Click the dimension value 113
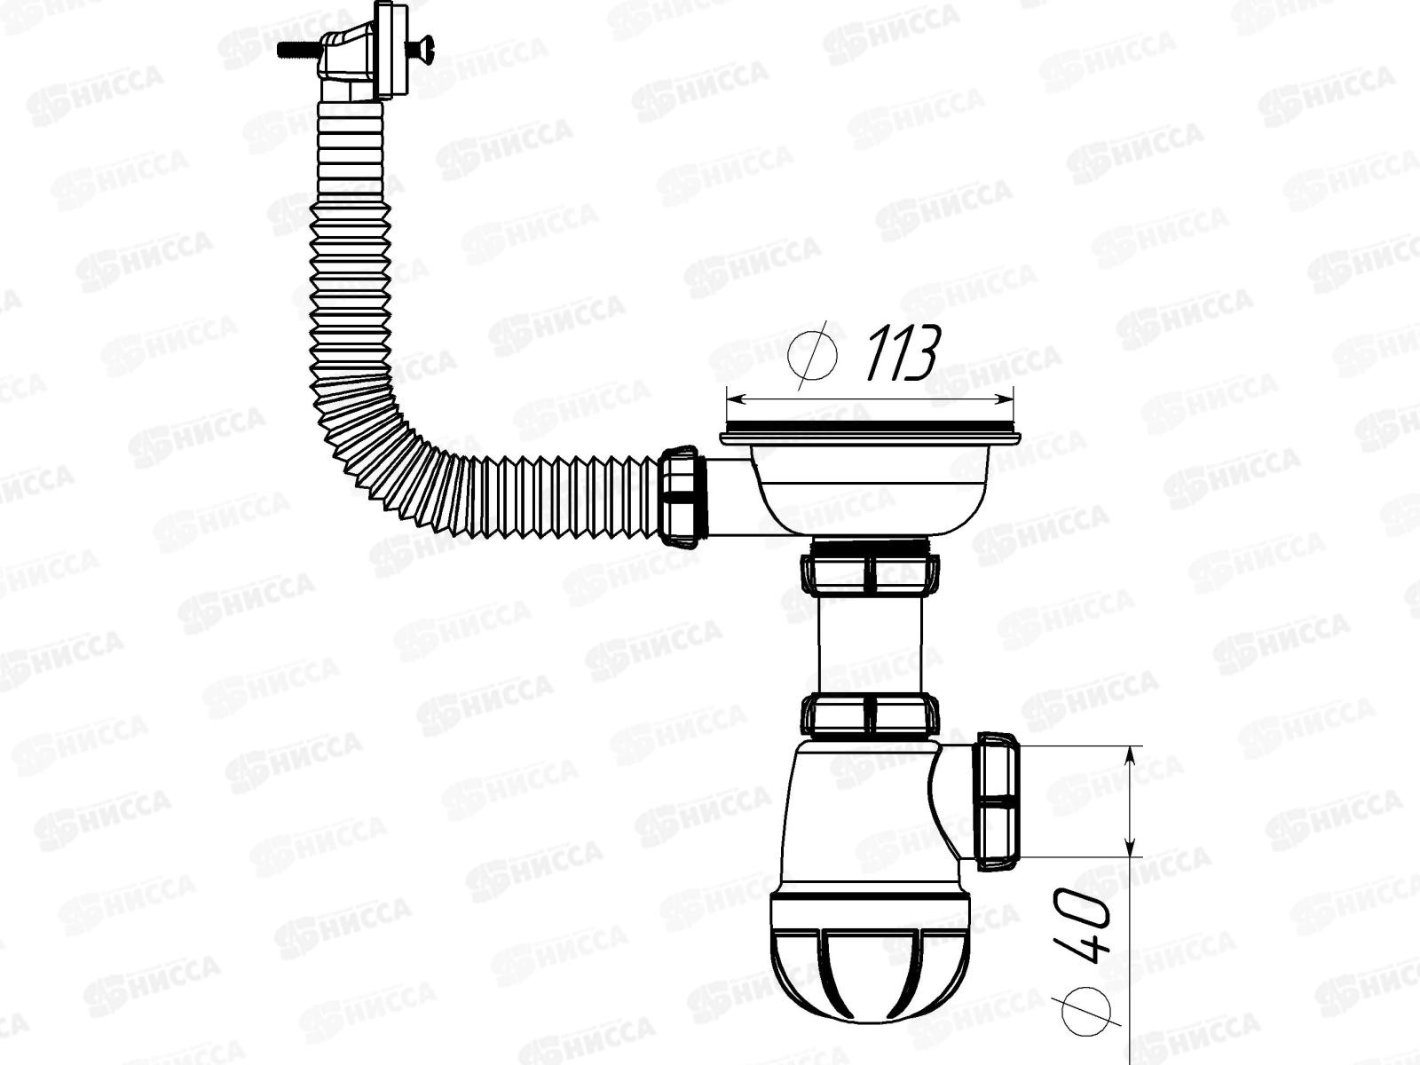pos(902,353)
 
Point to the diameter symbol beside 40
pos(1087,1004)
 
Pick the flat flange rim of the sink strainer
pos(870,435)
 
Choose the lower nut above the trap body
pos(870,715)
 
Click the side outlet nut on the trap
pos(998,799)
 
